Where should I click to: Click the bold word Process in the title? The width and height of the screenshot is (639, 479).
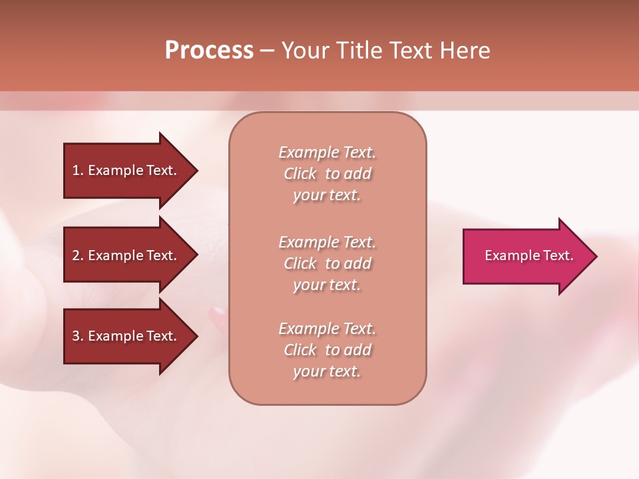pos(209,51)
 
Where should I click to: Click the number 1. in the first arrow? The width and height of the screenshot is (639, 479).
pos(77,170)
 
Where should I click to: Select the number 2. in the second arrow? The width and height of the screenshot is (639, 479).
pos(77,255)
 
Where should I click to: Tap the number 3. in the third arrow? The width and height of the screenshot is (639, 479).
pos(77,336)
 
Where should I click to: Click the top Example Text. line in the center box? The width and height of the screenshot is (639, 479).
pos(327,152)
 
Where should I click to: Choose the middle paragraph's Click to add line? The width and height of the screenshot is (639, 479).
pos(327,263)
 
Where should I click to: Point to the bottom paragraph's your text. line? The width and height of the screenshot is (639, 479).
pos(327,371)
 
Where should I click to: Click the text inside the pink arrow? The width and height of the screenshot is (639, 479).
pos(529,255)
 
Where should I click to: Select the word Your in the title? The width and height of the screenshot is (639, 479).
pos(306,51)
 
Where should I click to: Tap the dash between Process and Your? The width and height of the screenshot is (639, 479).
pos(267,51)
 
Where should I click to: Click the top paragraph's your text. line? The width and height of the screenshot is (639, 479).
pos(327,195)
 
